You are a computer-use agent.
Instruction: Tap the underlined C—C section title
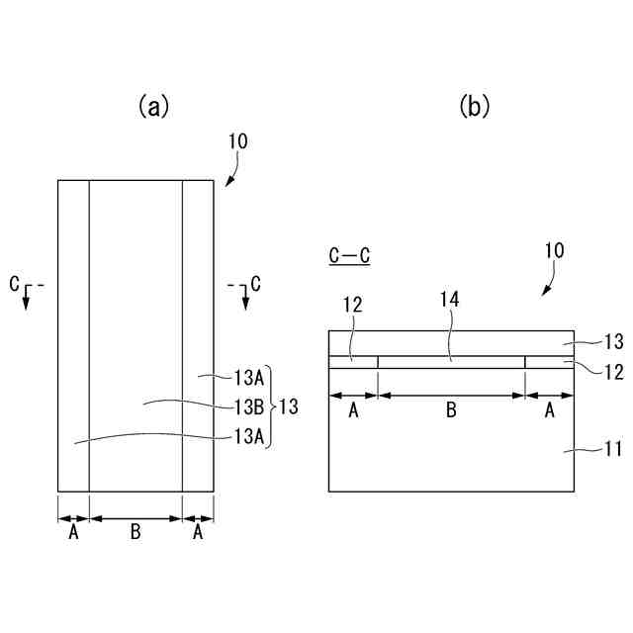pos(350,256)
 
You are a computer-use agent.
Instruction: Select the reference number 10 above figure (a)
pos(238,141)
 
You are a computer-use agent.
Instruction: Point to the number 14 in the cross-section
pos(450,297)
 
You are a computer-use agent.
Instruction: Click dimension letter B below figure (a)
pos(136,533)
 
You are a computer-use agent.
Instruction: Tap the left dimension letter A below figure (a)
pos(73,533)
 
